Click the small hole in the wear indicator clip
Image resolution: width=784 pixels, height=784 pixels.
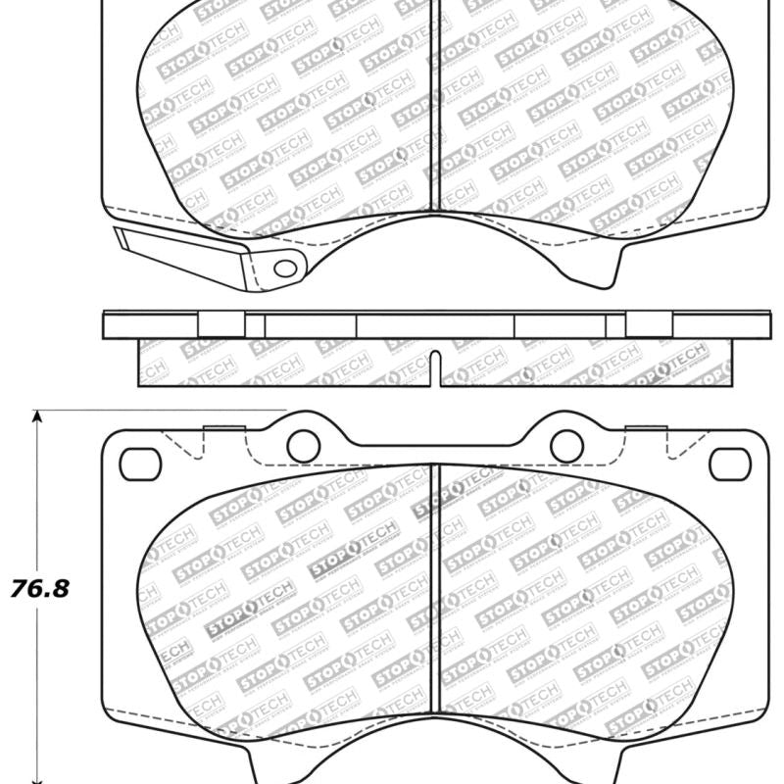click(x=283, y=268)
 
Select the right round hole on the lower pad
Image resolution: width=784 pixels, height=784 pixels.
click(x=566, y=446)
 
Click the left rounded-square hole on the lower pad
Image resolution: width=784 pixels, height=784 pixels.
click(x=139, y=464)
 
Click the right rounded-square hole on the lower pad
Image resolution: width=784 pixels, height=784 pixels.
click(x=729, y=464)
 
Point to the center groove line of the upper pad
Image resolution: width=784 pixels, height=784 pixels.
click(x=436, y=108)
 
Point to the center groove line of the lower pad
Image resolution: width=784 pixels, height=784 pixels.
click(x=436, y=598)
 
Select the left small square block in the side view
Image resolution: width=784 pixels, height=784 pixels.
click(x=221, y=325)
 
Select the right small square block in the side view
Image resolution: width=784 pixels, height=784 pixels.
click(x=649, y=325)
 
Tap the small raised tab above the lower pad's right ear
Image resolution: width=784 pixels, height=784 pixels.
click(x=645, y=427)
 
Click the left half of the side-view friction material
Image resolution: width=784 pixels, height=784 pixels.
click(x=284, y=363)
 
